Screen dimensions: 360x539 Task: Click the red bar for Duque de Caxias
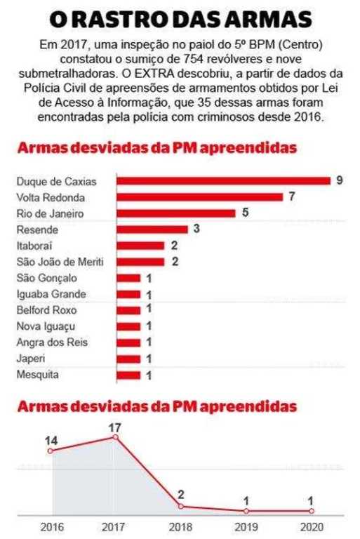(x=223, y=181)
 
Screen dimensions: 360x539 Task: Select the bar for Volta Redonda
(x=200, y=197)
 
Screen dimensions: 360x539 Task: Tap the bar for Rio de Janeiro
(x=176, y=213)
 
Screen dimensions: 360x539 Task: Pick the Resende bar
(x=152, y=229)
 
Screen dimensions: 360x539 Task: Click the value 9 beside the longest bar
(x=340, y=180)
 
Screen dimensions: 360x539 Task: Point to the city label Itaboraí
(x=34, y=246)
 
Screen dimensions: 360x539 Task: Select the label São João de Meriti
(x=60, y=262)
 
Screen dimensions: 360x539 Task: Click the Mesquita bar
(x=128, y=375)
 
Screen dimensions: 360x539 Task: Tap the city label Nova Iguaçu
(x=46, y=326)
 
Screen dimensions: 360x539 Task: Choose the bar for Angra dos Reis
(x=128, y=342)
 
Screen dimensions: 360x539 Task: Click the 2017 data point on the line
(x=116, y=437)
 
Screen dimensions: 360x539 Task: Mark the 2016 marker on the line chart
(x=51, y=451)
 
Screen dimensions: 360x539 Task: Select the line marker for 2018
(x=181, y=506)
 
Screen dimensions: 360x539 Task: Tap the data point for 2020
(x=312, y=511)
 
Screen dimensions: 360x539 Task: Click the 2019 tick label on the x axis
(x=246, y=527)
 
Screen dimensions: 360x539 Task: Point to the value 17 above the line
(x=115, y=427)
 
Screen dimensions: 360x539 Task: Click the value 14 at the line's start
(x=51, y=441)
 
